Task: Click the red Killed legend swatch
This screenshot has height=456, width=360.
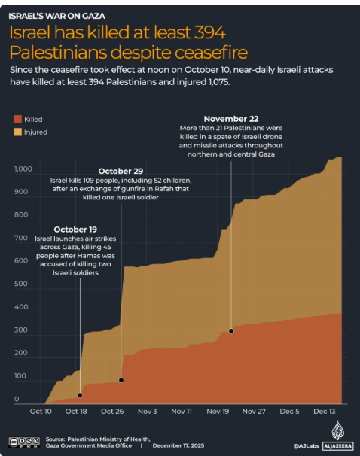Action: coord(18,119)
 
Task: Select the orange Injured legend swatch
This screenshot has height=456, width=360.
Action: coord(18,132)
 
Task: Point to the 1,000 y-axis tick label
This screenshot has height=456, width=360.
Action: coord(23,169)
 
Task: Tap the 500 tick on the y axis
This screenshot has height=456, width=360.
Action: coord(20,284)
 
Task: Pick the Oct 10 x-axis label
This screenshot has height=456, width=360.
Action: coord(41,412)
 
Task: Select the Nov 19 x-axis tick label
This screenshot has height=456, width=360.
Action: coord(217,412)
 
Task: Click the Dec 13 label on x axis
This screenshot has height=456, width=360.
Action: coord(324,412)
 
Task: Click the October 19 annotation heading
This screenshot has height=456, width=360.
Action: coord(75,229)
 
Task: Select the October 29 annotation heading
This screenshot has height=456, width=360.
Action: coord(121,171)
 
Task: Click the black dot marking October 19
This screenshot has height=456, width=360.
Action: coord(80,394)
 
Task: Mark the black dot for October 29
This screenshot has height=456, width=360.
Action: coord(121,380)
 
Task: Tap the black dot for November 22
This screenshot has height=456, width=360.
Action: coord(231,330)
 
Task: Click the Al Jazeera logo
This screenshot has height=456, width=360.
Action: coord(337,436)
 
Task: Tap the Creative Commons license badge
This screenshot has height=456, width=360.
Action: coord(23,442)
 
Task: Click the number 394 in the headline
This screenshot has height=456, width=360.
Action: coord(204,34)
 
